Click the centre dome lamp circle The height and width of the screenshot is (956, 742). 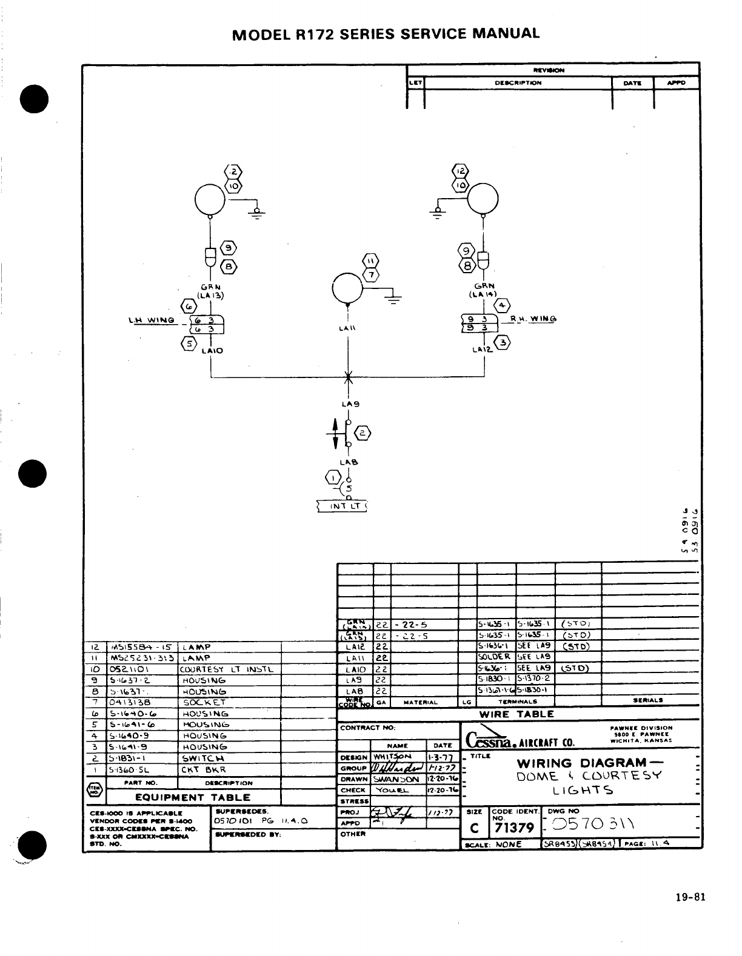(x=347, y=288)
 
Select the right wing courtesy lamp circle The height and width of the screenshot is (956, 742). (x=483, y=198)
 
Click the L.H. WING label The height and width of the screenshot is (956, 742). (x=151, y=320)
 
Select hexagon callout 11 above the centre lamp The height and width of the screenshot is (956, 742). (x=370, y=261)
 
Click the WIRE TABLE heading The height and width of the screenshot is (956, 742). (x=516, y=714)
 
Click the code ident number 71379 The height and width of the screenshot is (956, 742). (x=513, y=828)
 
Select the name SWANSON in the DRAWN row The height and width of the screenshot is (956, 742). (x=396, y=780)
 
